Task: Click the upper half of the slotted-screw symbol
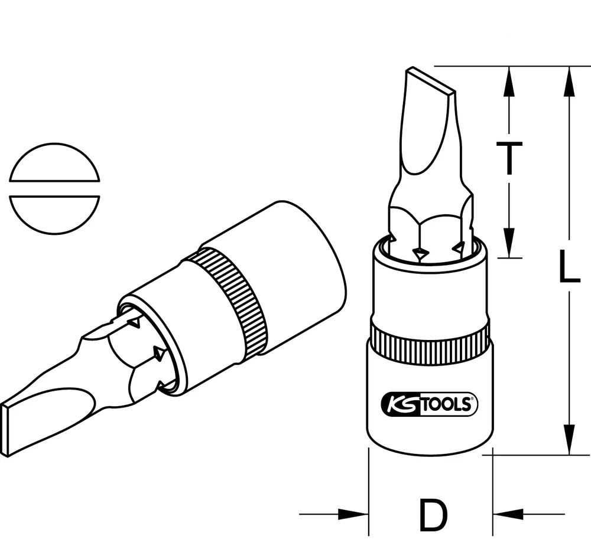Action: [55, 163]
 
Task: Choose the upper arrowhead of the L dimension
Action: [569, 80]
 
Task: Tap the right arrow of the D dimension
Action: [505, 514]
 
